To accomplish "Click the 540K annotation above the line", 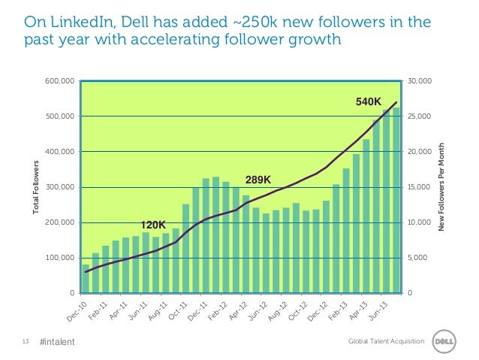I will [x=368, y=100].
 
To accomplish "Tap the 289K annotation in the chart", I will [x=258, y=179].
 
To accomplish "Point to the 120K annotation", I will [x=154, y=225].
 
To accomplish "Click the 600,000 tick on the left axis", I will [x=59, y=80].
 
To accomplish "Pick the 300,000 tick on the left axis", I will [x=59, y=187].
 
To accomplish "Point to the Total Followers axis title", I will [x=35, y=186].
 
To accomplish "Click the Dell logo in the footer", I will [x=450, y=342].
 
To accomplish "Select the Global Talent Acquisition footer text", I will [x=387, y=343].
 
